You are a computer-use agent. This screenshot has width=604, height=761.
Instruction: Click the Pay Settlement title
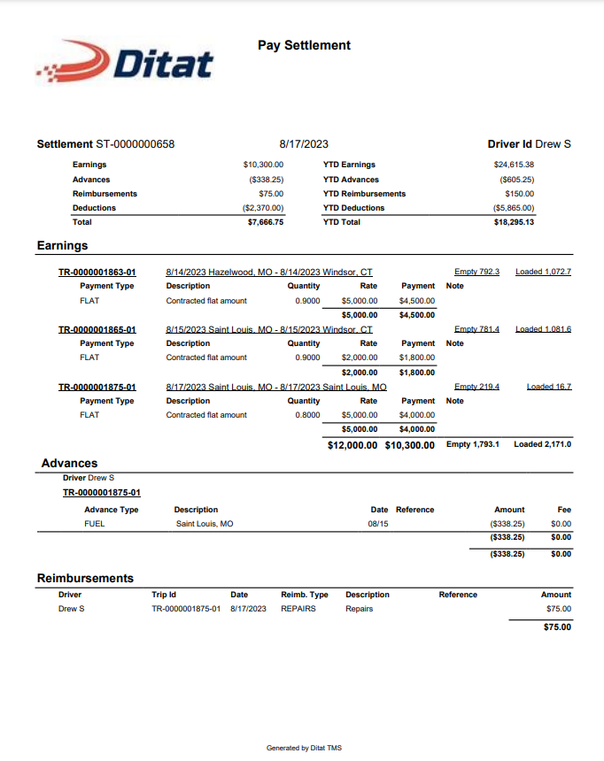click(304, 45)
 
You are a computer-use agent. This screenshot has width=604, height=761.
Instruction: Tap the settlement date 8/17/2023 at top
click(304, 143)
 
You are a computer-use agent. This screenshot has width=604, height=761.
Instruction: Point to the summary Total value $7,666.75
click(265, 222)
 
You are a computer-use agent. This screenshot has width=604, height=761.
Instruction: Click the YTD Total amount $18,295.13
click(514, 222)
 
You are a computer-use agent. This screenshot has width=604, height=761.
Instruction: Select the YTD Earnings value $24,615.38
click(514, 165)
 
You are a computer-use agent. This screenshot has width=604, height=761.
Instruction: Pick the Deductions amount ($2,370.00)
click(263, 208)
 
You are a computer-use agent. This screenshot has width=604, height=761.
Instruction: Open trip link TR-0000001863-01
click(97, 272)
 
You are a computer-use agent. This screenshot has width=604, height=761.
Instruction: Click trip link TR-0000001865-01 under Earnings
click(97, 329)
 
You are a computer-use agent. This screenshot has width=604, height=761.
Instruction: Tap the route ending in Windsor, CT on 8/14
click(269, 272)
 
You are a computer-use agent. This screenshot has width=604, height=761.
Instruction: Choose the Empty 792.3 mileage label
click(476, 272)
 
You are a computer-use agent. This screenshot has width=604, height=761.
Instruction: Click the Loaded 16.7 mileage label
click(548, 387)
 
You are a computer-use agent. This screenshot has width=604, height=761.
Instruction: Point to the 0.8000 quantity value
click(308, 415)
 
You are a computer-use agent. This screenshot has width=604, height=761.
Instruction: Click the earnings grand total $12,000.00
click(352, 444)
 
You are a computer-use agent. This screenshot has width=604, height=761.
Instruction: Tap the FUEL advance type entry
click(94, 524)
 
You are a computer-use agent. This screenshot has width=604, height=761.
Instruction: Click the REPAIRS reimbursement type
click(298, 609)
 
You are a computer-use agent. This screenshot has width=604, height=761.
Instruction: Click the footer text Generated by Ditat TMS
click(304, 748)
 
